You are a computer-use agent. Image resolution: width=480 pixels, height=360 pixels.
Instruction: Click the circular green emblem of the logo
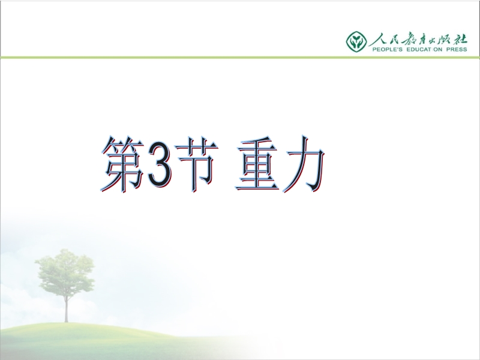356,41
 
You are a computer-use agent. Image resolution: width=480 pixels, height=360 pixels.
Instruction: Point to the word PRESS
457,49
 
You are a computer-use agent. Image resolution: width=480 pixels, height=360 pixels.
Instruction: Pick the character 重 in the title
257,164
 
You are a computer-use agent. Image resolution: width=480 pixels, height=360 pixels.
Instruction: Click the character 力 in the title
303,164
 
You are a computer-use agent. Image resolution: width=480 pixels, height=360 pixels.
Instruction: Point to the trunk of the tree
66,308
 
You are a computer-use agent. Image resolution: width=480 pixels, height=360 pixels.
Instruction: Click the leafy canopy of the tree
65,272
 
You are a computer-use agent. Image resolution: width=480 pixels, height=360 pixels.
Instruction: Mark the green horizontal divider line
240,57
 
